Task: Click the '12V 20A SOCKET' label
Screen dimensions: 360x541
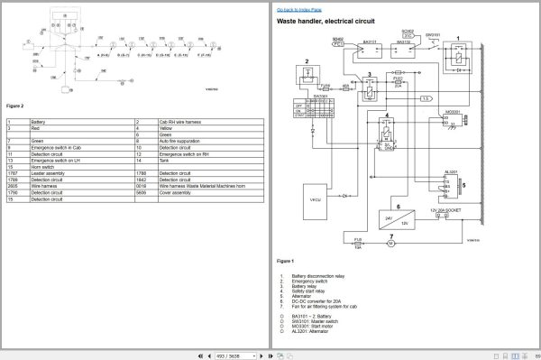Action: pos(446,209)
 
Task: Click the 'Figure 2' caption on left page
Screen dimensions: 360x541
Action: pos(14,106)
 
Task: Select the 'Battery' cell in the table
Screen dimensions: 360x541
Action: pos(39,121)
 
